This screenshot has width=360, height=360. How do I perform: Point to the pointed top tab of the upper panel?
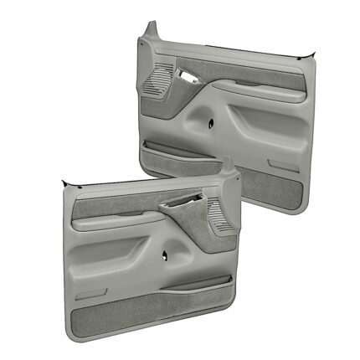(x=149, y=31)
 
